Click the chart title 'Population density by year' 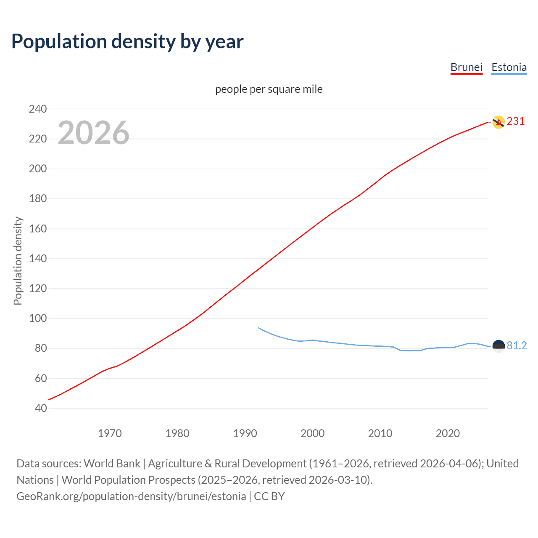127,42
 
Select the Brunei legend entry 466,67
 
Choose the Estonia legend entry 509,67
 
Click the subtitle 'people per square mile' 269,89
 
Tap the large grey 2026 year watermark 93,133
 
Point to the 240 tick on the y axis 38,109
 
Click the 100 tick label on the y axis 38,318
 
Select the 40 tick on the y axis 41,408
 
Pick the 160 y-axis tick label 38,229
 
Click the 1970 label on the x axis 110,433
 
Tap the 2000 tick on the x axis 312,433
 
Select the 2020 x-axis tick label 448,433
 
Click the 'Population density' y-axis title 18,261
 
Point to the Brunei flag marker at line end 498,122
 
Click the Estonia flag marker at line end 498,346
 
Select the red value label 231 516,121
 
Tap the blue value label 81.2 517,345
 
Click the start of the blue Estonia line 259,328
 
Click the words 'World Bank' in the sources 112,463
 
